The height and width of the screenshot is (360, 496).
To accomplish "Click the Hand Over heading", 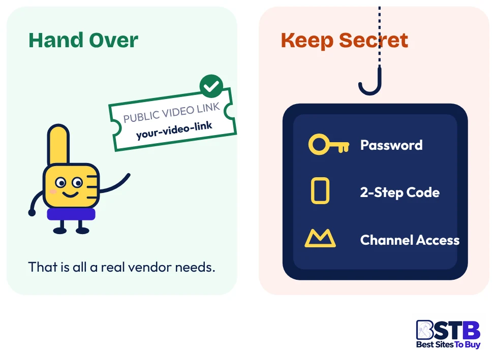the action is pos(83,41).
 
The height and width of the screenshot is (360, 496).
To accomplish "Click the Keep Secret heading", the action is pos(344,41).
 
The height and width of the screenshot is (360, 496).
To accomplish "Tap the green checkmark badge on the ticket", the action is pos(211,86).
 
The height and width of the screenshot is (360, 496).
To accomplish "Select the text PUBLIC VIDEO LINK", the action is pos(171,113).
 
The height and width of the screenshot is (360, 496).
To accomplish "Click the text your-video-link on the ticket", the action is pos(174,130).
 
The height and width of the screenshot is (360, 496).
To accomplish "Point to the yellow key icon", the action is pos(329,144).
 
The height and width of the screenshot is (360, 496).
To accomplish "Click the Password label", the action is pos(391,145).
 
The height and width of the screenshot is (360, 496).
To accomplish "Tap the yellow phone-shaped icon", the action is pos(320,190).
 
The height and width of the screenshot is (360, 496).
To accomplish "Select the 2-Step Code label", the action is pos(400,192).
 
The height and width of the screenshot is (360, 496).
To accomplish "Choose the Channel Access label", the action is pos(410,240).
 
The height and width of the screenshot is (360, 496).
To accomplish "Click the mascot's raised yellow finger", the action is pos(58,144).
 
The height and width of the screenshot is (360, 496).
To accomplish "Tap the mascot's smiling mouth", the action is pos(70,194).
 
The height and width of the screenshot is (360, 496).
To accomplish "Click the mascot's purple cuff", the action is pos(71,214).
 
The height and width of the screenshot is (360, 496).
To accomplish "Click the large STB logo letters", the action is pos(448,330).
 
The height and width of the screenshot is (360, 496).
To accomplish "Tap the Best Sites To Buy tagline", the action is pos(448,344).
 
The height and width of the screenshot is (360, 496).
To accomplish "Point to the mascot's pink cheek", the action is pos(53,191).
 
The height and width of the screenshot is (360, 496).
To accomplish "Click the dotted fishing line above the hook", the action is pos(380,35).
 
